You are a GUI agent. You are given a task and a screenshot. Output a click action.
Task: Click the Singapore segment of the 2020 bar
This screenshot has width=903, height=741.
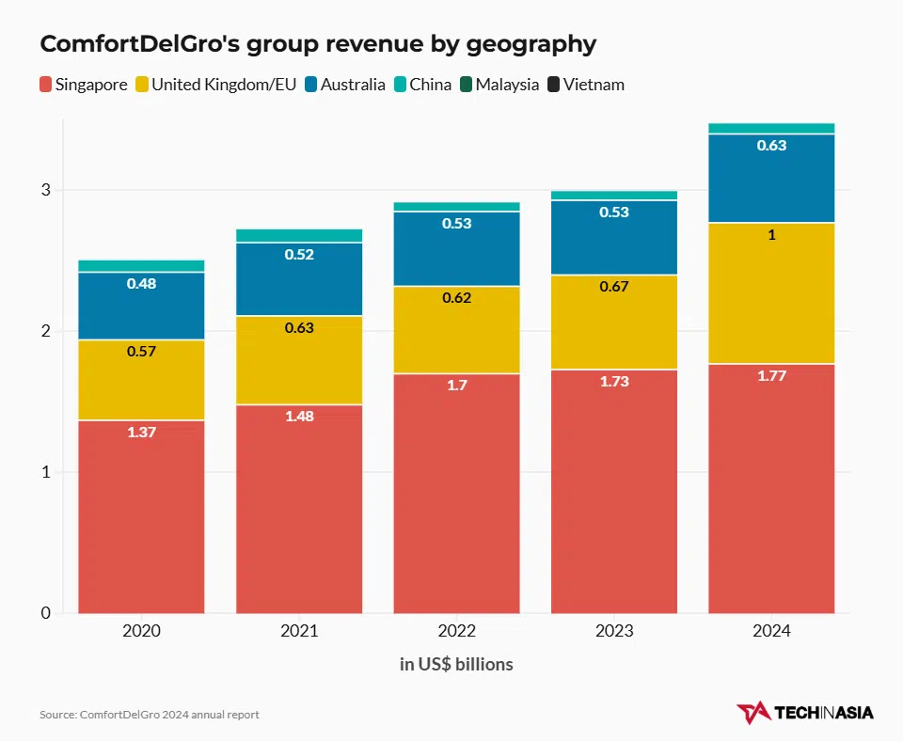[x=141, y=516]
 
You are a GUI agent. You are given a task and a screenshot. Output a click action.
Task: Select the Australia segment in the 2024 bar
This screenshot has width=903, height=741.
[x=771, y=179]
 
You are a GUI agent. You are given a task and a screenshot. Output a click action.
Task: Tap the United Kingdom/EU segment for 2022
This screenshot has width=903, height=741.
[x=456, y=329]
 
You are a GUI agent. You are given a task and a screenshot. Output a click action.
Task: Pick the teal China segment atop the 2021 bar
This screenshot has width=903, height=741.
[x=299, y=235]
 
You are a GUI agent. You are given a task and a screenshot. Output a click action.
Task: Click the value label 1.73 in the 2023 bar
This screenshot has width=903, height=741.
[x=613, y=382]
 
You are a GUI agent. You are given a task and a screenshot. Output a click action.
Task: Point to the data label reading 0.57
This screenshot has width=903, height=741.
[x=141, y=352]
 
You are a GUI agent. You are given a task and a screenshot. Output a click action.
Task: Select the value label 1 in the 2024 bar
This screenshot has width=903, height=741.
[x=771, y=235]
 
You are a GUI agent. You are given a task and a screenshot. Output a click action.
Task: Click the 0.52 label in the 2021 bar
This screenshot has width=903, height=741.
[x=299, y=254]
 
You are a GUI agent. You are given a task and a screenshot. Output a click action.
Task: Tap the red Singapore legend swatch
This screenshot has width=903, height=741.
[x=45, y=85]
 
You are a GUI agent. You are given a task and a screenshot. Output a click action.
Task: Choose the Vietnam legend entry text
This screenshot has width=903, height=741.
[x=594, y=85]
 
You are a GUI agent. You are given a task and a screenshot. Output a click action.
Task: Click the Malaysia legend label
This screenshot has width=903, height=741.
[x=507, y=85]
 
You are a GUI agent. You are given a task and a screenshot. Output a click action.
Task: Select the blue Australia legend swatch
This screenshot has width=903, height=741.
[x=310, y=85]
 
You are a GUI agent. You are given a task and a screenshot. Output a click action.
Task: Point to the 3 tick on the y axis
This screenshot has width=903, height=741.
[x=44, y=190]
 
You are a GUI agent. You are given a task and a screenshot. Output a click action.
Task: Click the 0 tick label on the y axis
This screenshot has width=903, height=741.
[x=44, y=613]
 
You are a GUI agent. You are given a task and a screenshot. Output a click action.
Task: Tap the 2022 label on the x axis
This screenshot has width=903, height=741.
[x=456, y=631]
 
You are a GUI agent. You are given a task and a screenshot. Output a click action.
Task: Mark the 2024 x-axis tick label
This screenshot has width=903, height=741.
[x=771, y=631]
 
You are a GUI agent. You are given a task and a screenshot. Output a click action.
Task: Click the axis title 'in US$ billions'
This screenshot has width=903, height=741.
[x=456, y=665]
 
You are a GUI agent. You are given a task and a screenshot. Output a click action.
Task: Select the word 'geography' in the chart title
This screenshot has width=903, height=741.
[x=527, y=44]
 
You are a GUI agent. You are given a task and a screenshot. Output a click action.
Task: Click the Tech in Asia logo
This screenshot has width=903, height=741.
[x=805, y=713]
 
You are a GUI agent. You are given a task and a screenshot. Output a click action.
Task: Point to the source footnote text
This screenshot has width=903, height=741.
[x=150, y=715]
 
